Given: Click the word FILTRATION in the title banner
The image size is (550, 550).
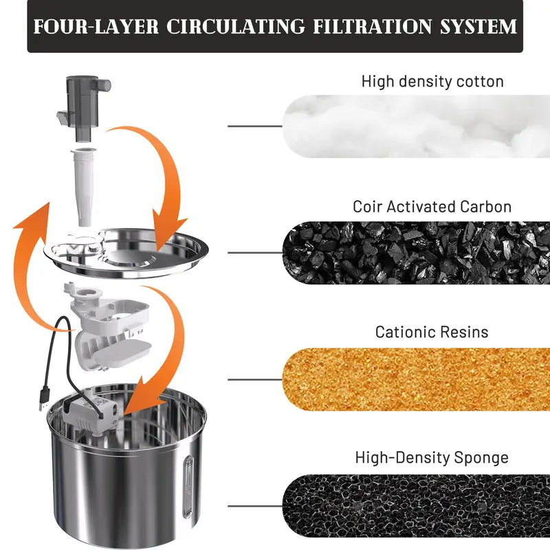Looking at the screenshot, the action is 372,27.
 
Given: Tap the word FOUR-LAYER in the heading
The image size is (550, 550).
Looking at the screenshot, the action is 96,27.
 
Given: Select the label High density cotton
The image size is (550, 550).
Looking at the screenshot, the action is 432,81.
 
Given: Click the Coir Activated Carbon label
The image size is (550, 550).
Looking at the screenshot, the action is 432,207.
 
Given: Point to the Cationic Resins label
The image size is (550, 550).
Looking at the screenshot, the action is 432,332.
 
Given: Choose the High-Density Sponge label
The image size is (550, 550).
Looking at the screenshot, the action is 432,458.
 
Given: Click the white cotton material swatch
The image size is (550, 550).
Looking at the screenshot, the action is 416,126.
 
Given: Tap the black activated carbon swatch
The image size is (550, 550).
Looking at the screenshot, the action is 416,252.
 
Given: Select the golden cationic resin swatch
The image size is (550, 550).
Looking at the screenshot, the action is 416,379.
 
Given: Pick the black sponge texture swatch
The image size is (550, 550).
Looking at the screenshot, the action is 416,506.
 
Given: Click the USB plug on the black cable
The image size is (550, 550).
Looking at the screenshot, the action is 44,398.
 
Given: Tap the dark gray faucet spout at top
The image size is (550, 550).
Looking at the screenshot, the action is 84,108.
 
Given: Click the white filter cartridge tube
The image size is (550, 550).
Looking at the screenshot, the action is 82,188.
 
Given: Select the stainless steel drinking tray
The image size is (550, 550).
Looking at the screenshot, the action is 126,252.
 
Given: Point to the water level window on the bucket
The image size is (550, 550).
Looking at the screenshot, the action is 188,487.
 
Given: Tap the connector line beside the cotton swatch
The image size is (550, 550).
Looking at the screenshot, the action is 255,126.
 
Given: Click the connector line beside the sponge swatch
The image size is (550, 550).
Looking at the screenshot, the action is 255,506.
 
